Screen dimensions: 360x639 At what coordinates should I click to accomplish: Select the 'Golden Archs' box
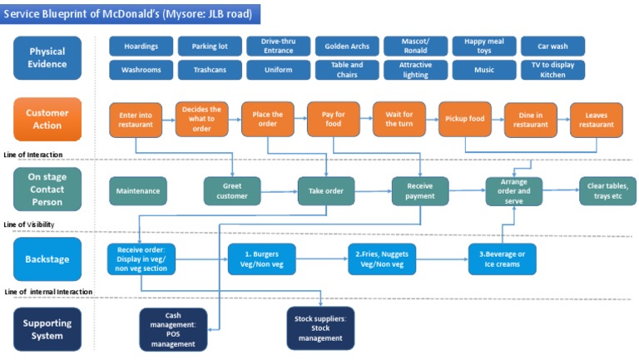[x=347, y=46]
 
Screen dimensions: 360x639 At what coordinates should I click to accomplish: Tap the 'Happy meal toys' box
[x=484, y=46]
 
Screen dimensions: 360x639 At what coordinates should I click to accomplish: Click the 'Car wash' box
[x=553, y=46]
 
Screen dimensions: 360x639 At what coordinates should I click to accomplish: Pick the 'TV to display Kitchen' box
[x=553, y=70]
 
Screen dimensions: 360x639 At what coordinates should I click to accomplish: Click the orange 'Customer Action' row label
[x=47, y=119]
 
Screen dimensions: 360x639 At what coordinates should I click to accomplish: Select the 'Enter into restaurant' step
[x=135, y=120]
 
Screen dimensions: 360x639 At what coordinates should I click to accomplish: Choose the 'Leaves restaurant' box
[x=597, y=120]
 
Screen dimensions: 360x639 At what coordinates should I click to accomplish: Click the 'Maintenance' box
[x=138, y=191]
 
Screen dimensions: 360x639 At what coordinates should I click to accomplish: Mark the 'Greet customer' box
[x=232, y=191]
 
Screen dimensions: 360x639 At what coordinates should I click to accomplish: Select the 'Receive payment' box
[x=420, y=191]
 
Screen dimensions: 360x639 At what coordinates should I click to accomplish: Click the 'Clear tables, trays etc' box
[x=607, y=191]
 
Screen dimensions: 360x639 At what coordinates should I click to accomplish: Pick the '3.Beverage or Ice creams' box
[x=503, y=259]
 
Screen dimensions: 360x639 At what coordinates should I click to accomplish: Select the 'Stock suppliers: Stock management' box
[x=320, y=328]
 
